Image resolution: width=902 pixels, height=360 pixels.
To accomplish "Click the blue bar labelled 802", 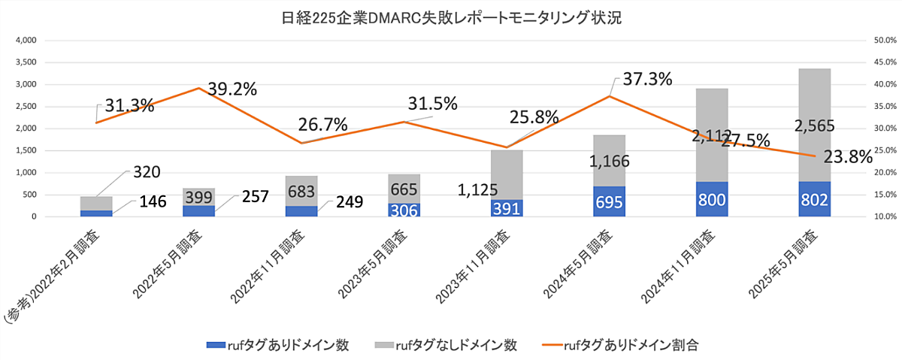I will [814, 199].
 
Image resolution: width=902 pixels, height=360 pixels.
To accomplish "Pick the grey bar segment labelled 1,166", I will [609, 161].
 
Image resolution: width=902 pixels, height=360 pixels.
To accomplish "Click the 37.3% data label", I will [644, 79].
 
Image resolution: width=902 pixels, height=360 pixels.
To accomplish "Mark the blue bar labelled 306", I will [404, 210].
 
